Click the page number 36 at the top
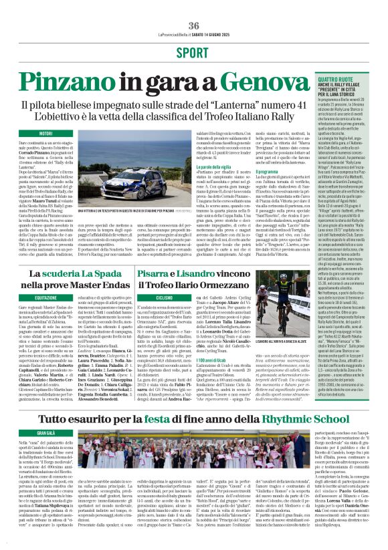[x=194, y=25]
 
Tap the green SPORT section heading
[x=194, y=52]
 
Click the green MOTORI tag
[x=45, y=134]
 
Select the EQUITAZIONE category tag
[x=45, y=297]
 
